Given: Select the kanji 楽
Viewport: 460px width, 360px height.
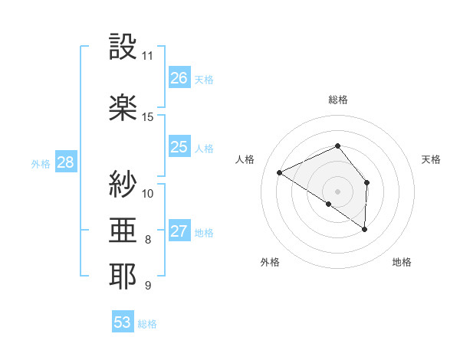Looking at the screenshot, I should [x=123, y=107].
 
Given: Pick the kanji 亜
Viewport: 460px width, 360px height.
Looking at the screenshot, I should [x=123, y=230].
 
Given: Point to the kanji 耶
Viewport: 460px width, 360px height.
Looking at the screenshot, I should [x=123, y=277].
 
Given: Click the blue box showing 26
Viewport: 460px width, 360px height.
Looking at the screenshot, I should [x=179, y=78].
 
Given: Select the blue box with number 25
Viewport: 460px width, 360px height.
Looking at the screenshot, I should [x=179, y=147].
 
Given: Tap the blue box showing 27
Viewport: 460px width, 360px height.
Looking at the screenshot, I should [x=179, y=231].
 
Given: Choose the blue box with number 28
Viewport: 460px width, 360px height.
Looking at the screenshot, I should [x=65, y=162].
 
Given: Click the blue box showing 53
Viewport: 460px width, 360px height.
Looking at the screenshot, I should [x=123, y=322].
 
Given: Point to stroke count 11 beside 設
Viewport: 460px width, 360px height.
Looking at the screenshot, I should [x=147, y=56].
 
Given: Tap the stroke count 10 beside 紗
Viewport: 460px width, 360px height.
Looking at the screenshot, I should [x=148, y=193].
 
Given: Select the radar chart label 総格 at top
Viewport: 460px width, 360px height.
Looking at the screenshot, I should [x=337, y=100].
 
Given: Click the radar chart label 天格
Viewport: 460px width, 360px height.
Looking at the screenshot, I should [x=432, y=159].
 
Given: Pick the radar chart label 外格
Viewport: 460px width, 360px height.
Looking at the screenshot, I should [x=270, y=262].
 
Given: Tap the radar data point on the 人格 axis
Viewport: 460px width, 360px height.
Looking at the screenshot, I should [x=280, y=172].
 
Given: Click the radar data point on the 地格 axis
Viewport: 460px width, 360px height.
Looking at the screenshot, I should [x=365, y=229].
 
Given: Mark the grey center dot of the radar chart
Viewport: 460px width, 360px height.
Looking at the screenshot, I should [x=337, y=191].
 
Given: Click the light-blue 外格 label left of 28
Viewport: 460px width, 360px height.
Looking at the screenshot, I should [x=41, y=163].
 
